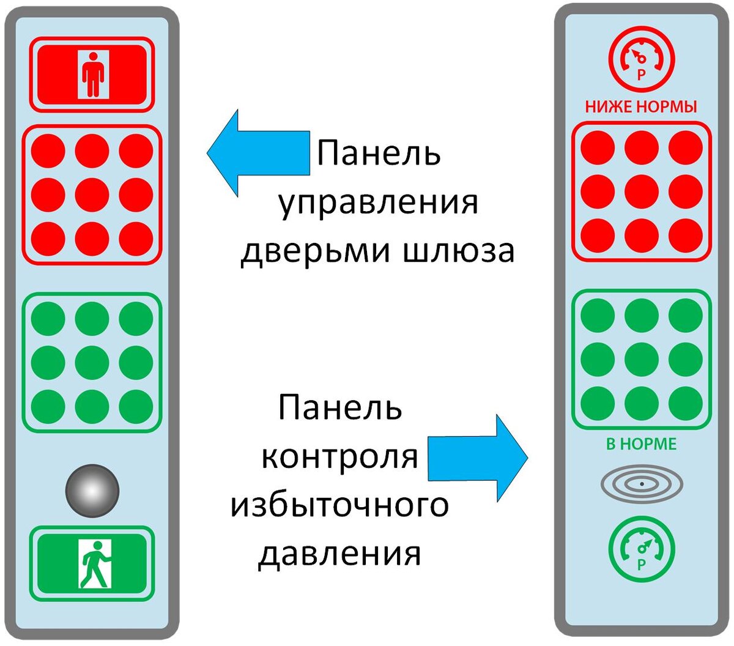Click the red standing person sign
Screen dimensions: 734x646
pos(92,75)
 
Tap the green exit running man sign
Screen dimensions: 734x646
pos(92,563)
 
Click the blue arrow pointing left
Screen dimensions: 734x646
pos(258,153)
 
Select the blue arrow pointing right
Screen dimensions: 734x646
pos(478,458)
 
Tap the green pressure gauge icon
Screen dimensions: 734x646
pos(641,549)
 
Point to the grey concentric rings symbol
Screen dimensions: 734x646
pos(641,484)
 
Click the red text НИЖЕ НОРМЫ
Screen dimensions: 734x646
pos(641,107)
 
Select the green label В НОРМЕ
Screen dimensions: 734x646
pos(641,444)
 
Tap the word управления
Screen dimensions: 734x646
pos(379,202)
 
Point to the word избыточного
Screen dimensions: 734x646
pos(339,506)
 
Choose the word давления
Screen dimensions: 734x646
pos(339,554)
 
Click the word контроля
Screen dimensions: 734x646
pos(340,457)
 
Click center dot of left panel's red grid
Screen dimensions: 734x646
pos(92,195)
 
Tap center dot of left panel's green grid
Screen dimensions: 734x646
pos(92,362)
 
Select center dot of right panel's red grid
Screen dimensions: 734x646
pos(641,191)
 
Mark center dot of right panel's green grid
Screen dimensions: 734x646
pos(641,360)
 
